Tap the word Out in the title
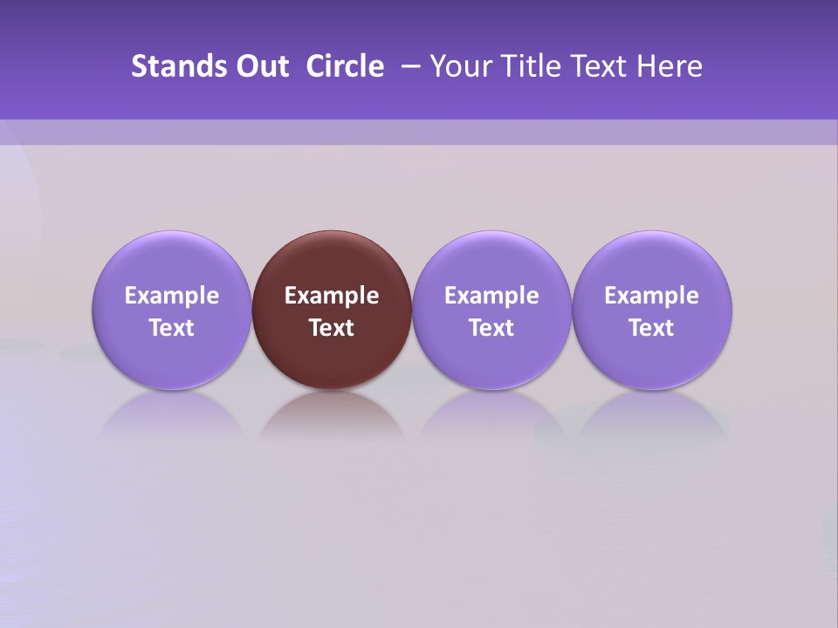(x=260, y=66)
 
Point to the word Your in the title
(x=457, y=66)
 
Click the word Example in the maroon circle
(x=332, y=296)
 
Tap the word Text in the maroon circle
(x=332, y=328)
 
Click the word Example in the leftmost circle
(x=172, y=296)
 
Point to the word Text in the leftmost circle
(x=172, y=328)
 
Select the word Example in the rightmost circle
(x=652, y=296)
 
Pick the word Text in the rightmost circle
(x=652, y=328)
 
